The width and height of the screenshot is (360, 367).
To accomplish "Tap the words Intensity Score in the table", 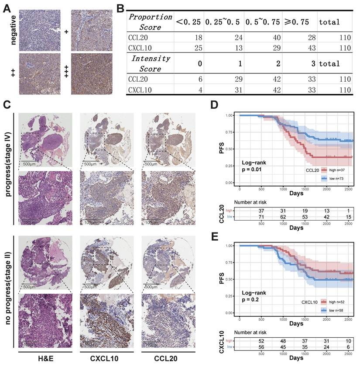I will (x=146, y=63).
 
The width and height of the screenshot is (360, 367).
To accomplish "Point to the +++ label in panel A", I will (x=67, y=73).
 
